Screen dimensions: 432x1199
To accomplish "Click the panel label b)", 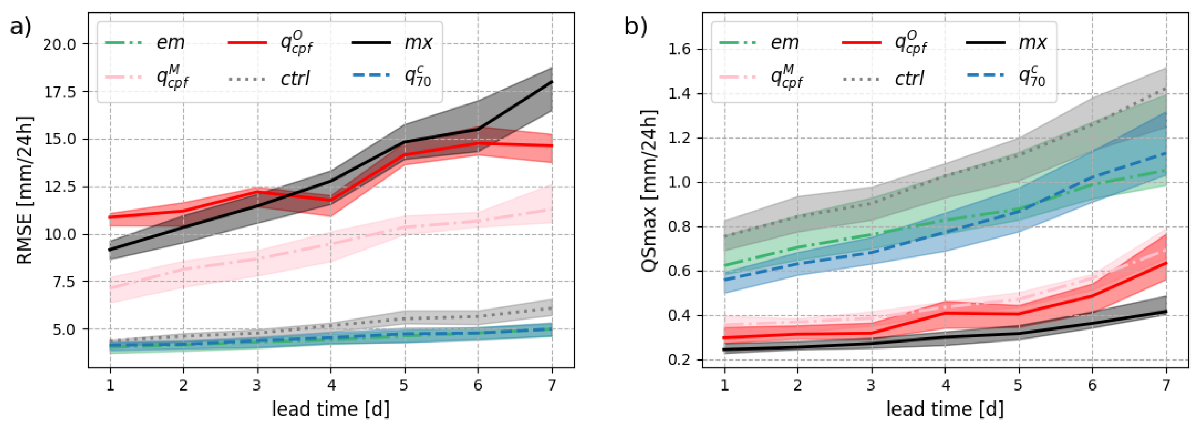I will click(x=635, y=27).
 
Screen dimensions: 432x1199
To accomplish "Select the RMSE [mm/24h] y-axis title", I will click(x=24, y=190).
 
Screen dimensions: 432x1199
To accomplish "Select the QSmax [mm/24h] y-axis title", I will click(x=649, y=191).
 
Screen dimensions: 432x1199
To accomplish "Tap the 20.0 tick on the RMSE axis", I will click(x=59, y=44).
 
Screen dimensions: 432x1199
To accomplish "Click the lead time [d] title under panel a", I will click(x=330, y=409).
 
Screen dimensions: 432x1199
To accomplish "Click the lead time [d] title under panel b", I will click(x=945, y=409).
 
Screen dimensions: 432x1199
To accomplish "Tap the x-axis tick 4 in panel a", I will click(x=331, y=385).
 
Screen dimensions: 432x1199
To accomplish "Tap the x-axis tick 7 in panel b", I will click(x=1166, y=385).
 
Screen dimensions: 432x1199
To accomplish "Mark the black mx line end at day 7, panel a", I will click(x=552, y=82).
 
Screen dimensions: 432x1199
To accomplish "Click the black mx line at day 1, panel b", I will click(x=725, y=350).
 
